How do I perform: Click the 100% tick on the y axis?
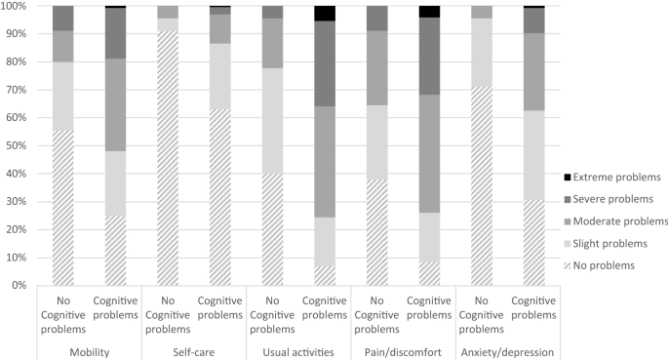(x=15, y=6)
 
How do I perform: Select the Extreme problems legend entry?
(x=614, y=178)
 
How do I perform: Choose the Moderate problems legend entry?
(x=618, y=220)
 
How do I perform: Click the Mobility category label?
(x=89, y=350)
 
